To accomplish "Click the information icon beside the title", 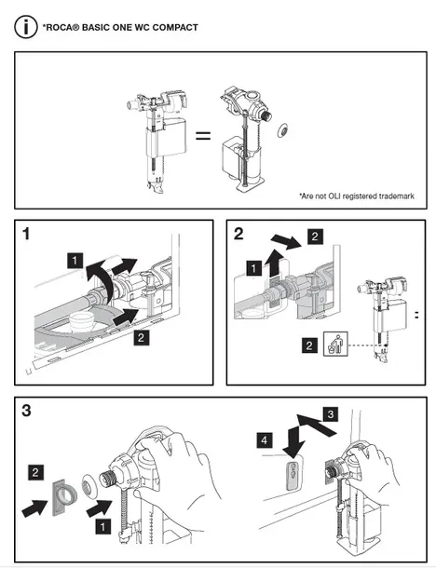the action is coord(26,27).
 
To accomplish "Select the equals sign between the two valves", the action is coord(203,136).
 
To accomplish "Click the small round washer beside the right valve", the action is coord(282,130).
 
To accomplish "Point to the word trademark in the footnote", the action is coord(396,196).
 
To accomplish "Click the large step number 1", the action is coord(26,234).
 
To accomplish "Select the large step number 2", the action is coord(238,234).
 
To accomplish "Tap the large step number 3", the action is coord(26,411).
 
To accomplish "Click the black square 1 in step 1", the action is coord(75,261).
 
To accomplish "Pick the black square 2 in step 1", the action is coord(141,338).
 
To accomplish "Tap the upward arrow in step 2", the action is coord(275,264).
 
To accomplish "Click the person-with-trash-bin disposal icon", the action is coord(335,344).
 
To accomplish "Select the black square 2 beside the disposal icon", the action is coord(309,345).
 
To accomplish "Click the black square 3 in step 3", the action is coord(331,414).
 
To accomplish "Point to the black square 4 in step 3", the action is coord(265,440).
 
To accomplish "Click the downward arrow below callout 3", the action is coord(293,442).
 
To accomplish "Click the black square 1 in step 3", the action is coord(102,526).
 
